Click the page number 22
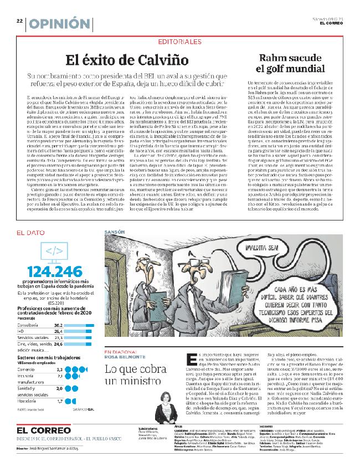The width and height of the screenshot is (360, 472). (19, 21)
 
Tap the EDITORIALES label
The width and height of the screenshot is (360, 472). (179, 42)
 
